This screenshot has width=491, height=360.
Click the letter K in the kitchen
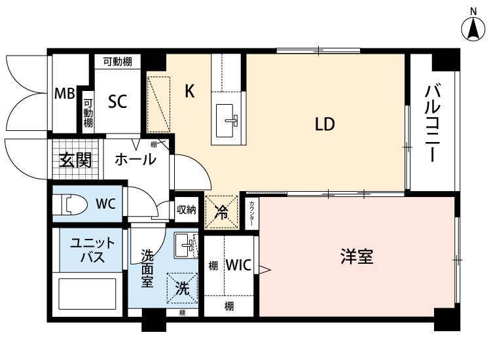pyautogui.click(x=189, y=91)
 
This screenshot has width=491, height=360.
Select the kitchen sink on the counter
pyautogui.click(x=229, y=118)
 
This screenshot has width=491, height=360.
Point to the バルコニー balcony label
pyautogui.click(x=431, y=124)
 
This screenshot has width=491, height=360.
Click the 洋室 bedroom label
pyautogui.click(x=357, y=256)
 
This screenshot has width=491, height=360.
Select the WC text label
pyautogui.click(x=105, y=204)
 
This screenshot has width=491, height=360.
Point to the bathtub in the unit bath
pyautogui.click(x=88, y=294)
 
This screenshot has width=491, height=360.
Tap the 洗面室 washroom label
pyautogui.click(x=149, y=268)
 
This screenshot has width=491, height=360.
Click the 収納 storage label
pyautogui.click(x=187, y=210)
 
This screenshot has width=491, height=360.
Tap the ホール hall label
pyautogui.click(x=136, y=159)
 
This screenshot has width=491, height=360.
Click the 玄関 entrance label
pyautogui.click(x=75, y=160)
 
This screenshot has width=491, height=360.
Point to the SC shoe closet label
pyautogui.click(x=117, y=101)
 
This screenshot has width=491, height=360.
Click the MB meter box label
pyautogui.click(x=64, y=94)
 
